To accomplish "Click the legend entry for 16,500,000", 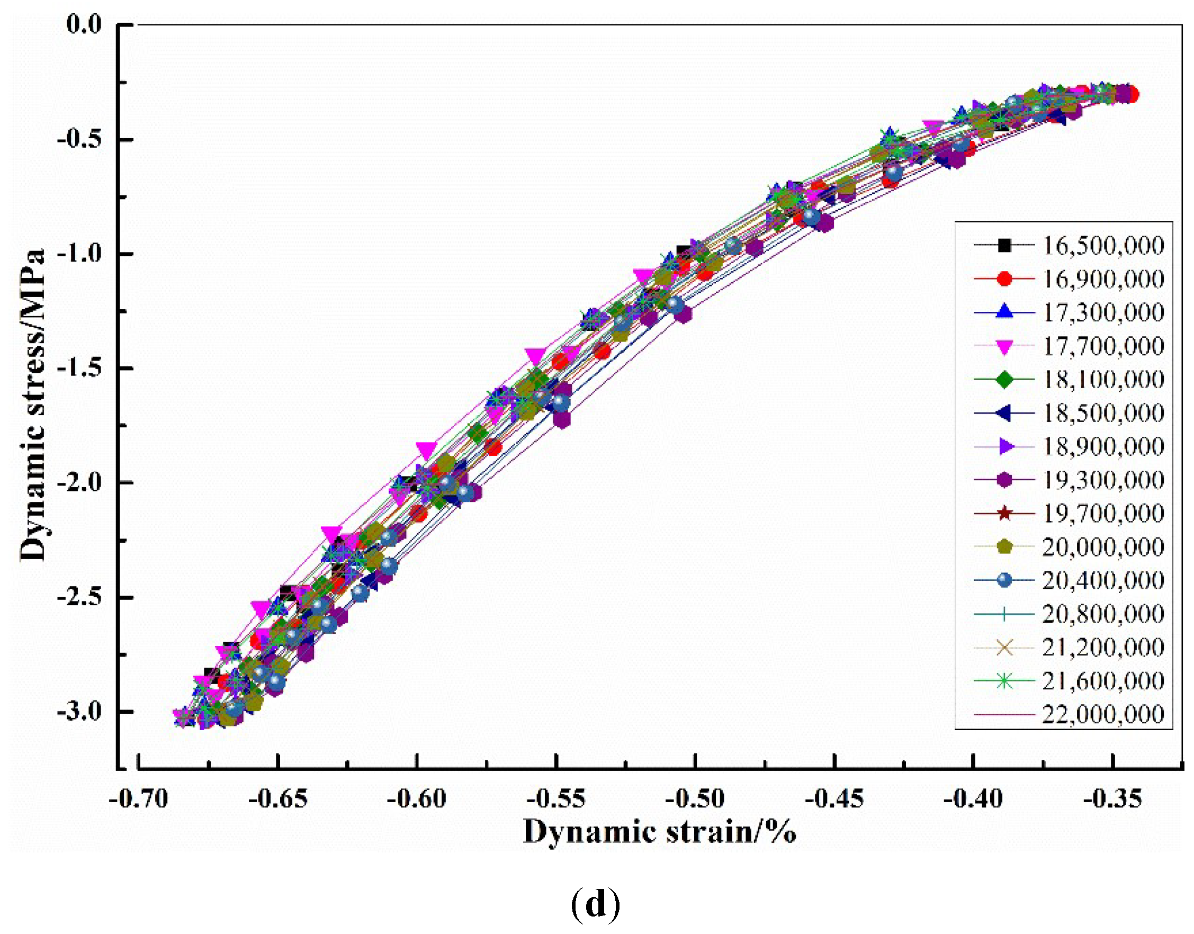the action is pos(1103,246).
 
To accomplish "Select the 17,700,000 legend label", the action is pos(1103,346).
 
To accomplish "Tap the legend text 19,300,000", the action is pos(1103,480).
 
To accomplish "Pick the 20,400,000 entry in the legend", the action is pos(1103,580).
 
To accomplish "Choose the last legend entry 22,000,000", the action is pos(1103,714).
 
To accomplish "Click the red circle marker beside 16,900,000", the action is pos(1004,279).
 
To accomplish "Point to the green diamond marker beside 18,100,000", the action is pos(1004,380).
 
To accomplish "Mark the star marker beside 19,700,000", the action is pos(1004,514).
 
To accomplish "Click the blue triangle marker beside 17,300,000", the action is pos(1004,312).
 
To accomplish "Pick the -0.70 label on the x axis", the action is pos(138,800).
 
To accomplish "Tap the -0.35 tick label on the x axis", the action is pos(1112,800).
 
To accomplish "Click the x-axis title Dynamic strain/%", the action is pos(659,832).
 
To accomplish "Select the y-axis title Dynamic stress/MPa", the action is pos(33,405).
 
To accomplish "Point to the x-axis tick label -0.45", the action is pos(834,800).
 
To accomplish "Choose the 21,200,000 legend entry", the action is pos(1103,648).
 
